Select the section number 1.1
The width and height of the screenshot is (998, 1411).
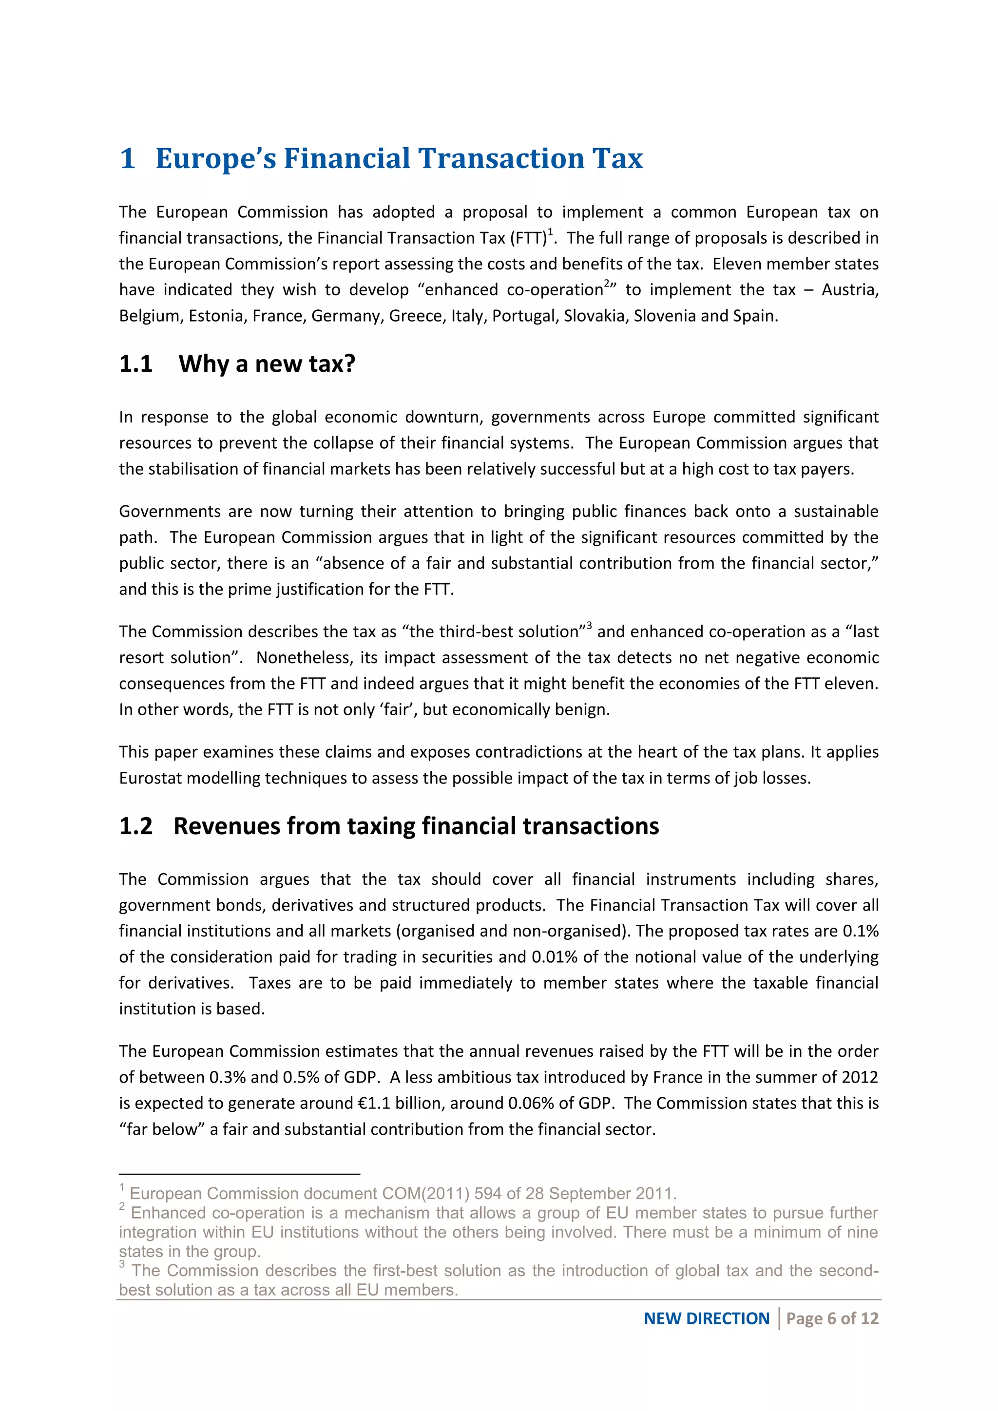click(x=136, y=364)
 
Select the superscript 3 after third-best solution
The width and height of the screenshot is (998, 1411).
click(x=589, y=626)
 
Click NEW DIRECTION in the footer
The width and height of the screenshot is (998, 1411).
click(x=706, y=1318)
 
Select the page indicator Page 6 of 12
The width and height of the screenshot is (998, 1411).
click(x=832, y=1318)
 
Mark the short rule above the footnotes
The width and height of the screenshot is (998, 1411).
click(x=239, y=1174)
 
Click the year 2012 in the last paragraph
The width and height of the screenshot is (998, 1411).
click(x=861, y=1077)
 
